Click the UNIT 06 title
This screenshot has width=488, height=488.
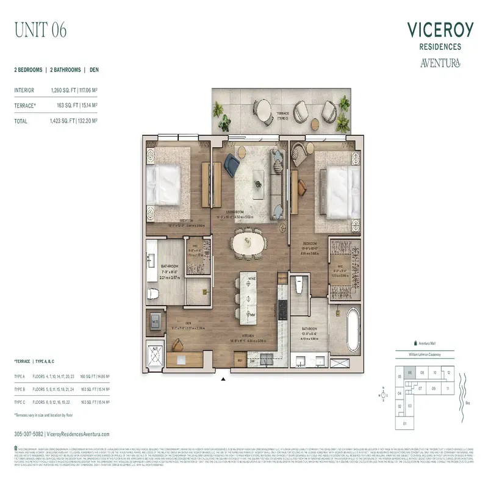[40, 29]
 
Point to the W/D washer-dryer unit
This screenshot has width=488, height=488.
[155, 321]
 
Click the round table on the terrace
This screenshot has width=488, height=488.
[264, 110]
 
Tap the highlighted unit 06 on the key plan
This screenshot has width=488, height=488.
[411, 372]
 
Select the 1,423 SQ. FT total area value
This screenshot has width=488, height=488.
[63, 121]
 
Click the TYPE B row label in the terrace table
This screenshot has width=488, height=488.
[20, 388]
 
